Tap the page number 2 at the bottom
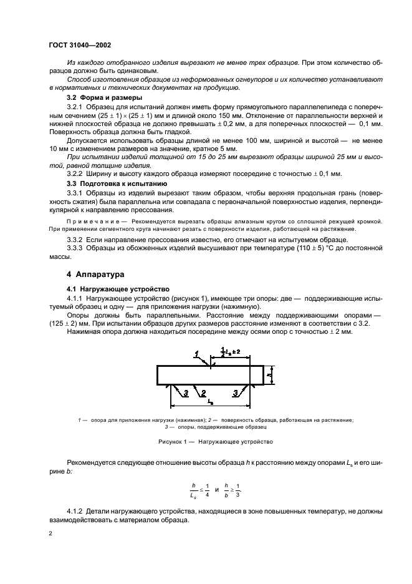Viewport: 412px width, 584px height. pyautogui.click(x=51, y=534)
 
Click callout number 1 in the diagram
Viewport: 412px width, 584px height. pyautogui.click(x=196, y=354)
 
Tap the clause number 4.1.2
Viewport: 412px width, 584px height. pyautogui.click(x=76, y=511)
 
